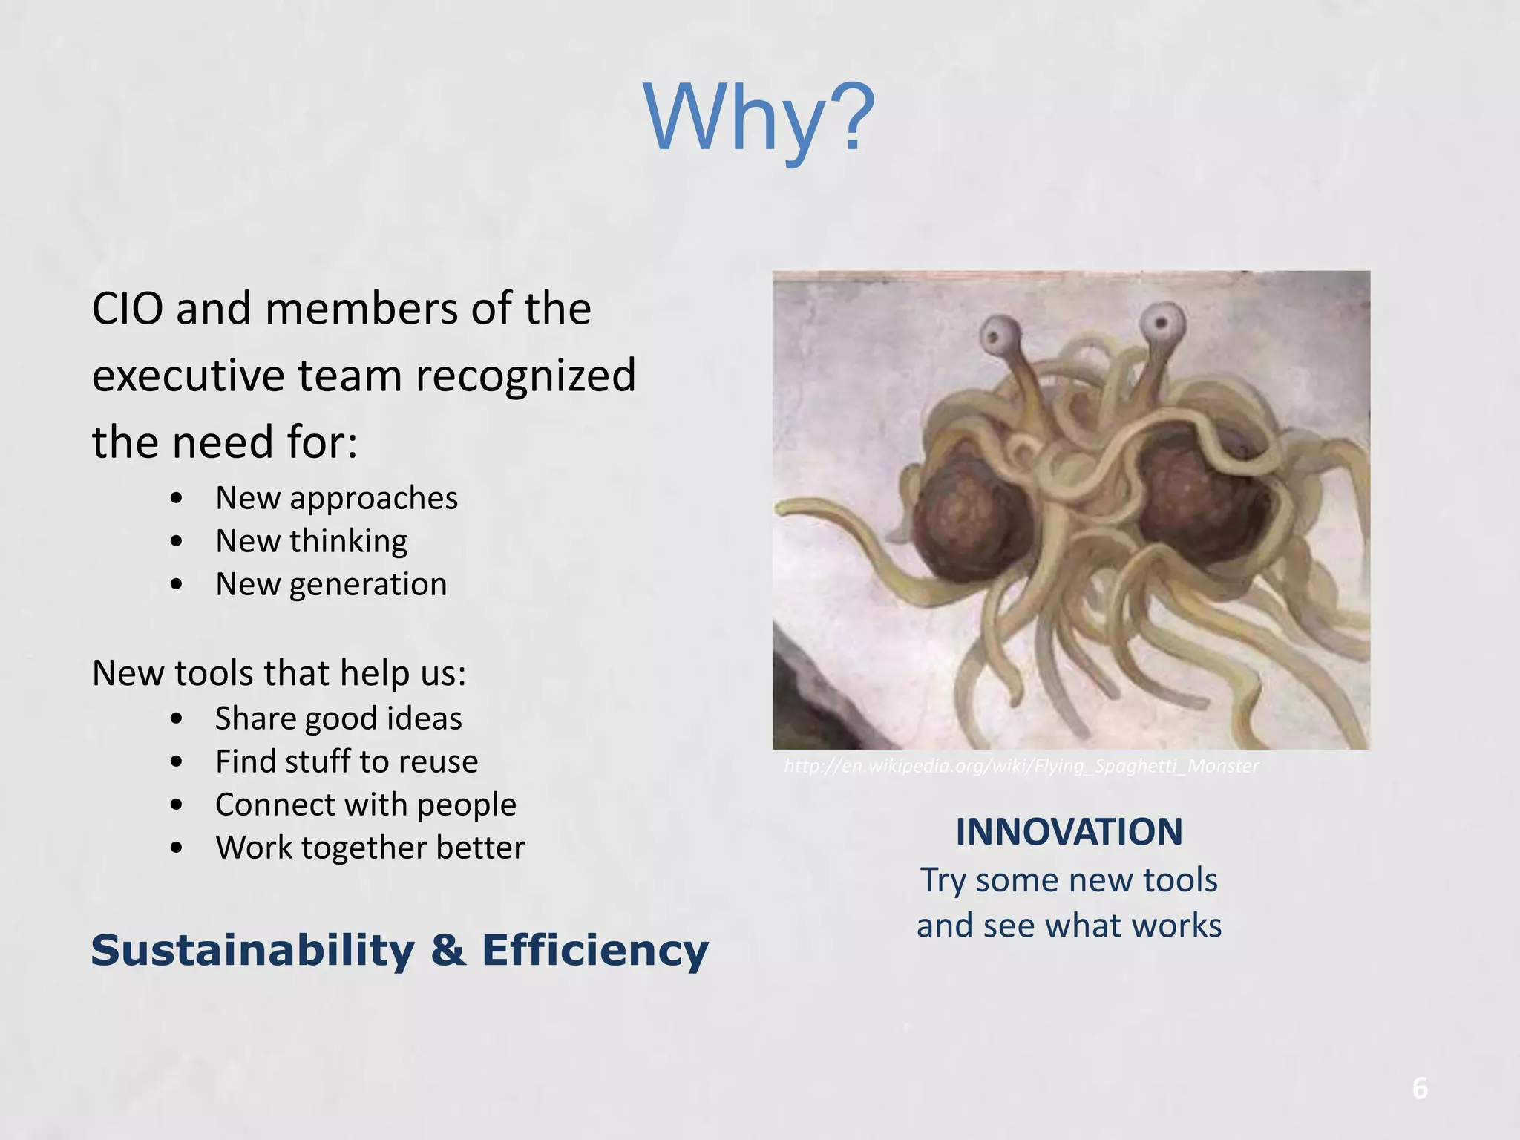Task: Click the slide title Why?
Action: pyautogui.click(x=759, y=119)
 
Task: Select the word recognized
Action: pyautogui.click(x=525, y=376)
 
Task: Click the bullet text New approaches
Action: pyautogui.click(x=336, y=498)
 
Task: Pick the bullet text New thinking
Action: pyautogui.click(x=311, y=541)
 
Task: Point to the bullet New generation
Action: pyautogui.click(x=331, y=584)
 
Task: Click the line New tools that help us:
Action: pyautogui.click(x=279, y=673)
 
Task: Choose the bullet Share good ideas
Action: pyautogui.click(x=338, y=718)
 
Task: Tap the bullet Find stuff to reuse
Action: pyautogui.click(x=347, y=761)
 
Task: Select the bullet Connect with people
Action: pyautogui.click(x=366, y=805)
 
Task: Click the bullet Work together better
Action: pyautogui.click(x=370, y=848)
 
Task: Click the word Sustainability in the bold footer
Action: pyautogui.click(x=252, y=951)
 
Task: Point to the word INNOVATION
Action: pyautogui.click(x=1069, y=832)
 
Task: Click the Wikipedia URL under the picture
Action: pyautogui.click(x=1021, y=766)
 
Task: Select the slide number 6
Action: pyautogui.click(x=1419, y=1089)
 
